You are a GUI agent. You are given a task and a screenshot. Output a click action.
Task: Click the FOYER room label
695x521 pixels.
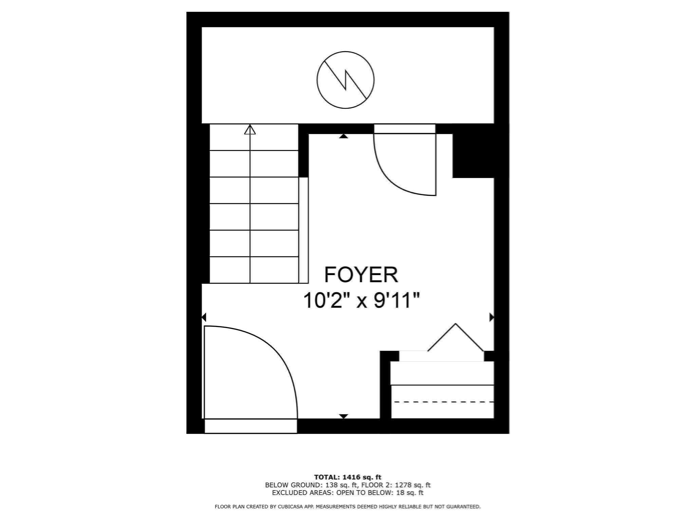361,275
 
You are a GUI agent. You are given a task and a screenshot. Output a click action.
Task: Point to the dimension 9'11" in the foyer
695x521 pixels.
397,301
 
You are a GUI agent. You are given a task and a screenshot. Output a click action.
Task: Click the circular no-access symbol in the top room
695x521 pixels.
345,80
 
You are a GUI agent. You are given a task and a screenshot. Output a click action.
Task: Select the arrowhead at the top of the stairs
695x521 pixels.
250,130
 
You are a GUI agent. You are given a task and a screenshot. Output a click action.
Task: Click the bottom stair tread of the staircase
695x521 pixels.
254,270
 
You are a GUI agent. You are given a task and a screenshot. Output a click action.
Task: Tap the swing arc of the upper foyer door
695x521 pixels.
390,180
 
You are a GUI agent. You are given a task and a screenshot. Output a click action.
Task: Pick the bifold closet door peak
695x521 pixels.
455,325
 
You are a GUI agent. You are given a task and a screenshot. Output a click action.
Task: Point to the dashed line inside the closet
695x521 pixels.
443,402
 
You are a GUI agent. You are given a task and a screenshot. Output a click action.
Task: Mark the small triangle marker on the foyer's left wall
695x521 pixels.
204,317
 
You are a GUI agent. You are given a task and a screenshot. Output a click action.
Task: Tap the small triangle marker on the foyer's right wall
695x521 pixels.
491,317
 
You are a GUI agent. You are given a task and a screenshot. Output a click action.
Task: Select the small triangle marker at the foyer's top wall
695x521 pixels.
344,136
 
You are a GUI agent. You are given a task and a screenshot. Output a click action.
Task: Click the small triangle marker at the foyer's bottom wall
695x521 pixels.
343,416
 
